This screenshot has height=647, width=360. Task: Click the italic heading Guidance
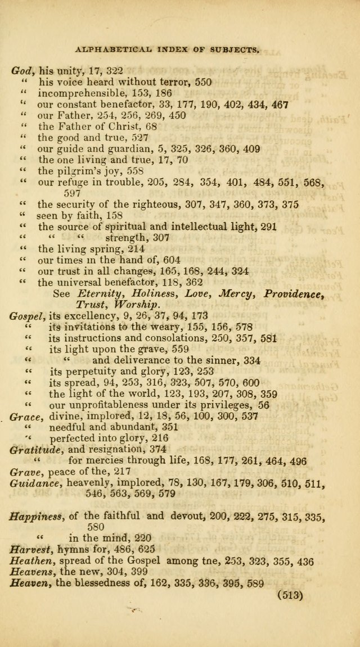pos(32,482)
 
